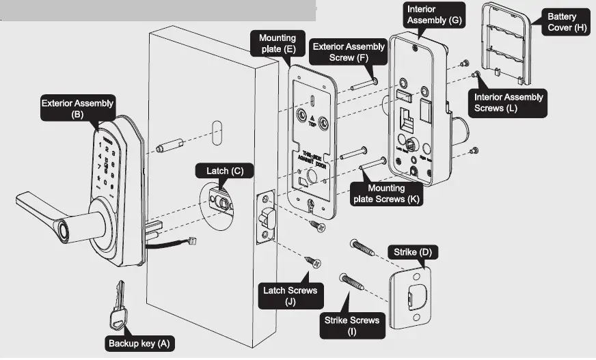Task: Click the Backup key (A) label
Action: [139, 343]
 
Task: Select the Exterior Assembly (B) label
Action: [77, 109]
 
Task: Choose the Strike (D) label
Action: [413, 253]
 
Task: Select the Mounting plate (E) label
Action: [277, 44]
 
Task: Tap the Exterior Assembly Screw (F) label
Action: [348, 53]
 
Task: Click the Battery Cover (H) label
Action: [562, 22]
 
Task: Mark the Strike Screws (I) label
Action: [353, 326]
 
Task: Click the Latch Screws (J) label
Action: [290, 296]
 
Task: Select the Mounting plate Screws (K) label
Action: [386, 194]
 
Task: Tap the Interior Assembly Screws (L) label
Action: [509, 102]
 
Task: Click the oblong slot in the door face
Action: [217, 130]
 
